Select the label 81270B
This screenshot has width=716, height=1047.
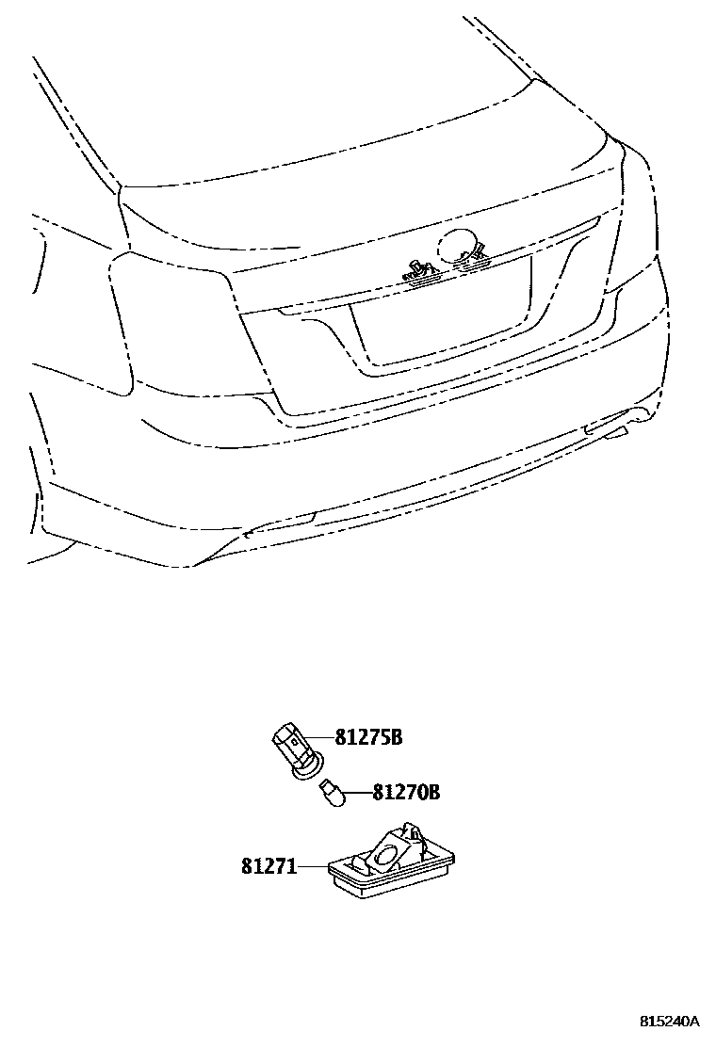406,793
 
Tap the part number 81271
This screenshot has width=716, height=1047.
268,865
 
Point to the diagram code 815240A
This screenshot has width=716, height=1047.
670,1022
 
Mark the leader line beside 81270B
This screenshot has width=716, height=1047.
358,794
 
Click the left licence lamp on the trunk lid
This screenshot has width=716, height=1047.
421,272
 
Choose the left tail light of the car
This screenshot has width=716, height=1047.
170,325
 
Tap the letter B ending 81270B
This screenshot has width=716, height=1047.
433,793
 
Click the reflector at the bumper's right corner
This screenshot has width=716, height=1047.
606,431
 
